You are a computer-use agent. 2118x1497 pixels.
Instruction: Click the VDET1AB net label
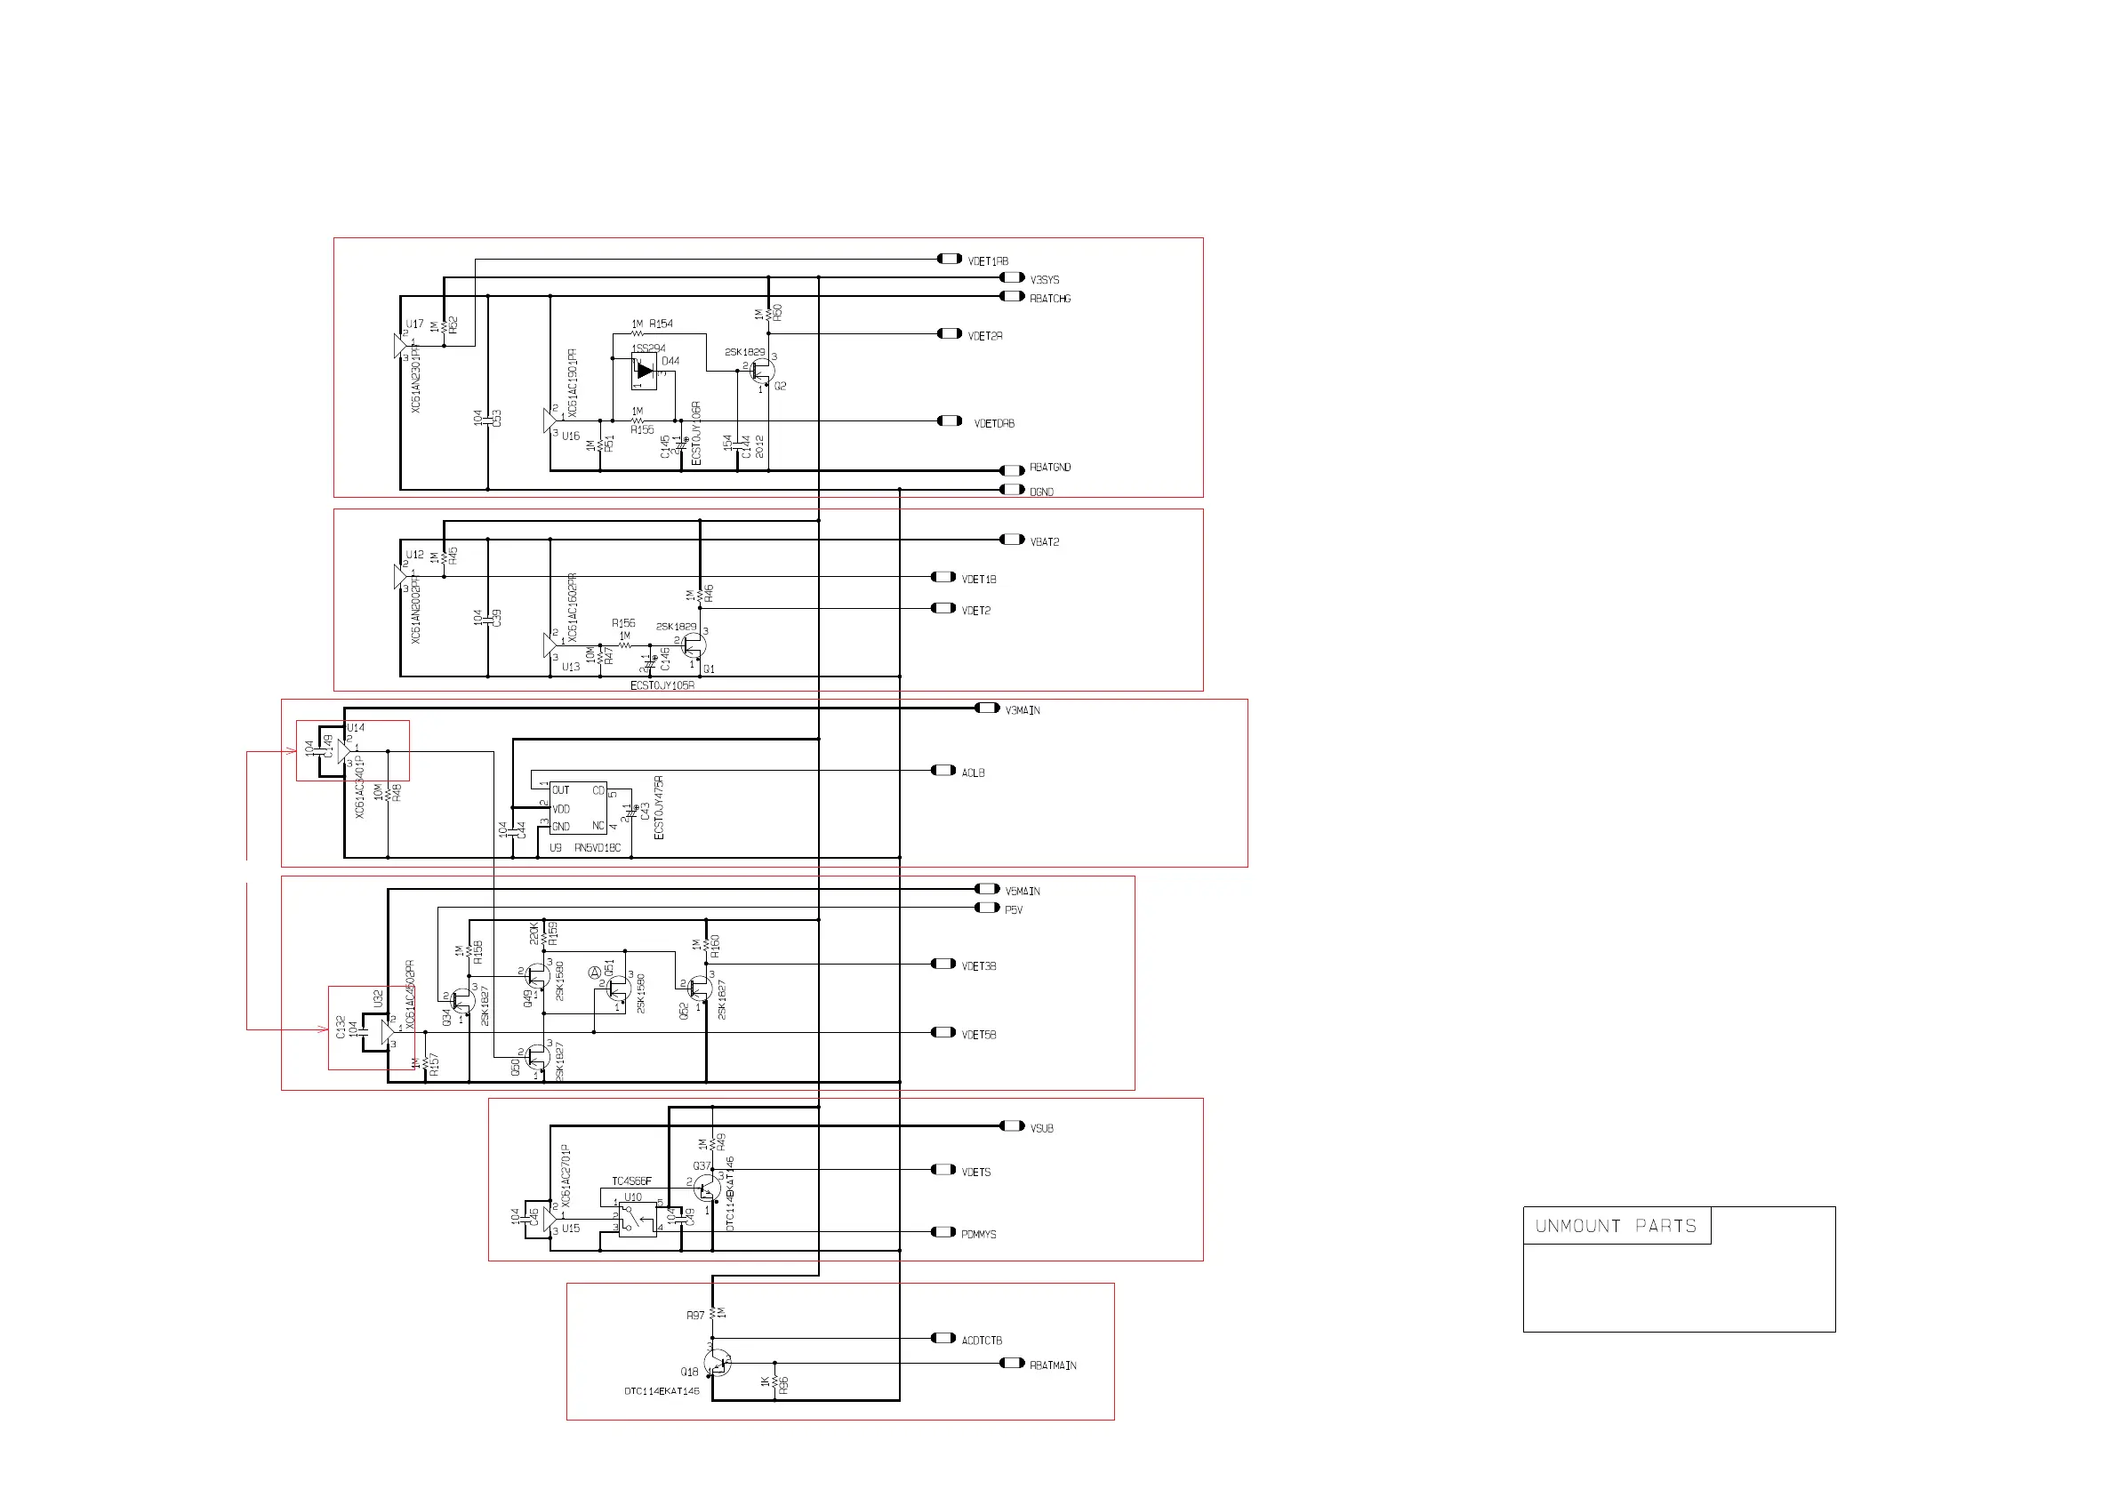[x=987, y=262]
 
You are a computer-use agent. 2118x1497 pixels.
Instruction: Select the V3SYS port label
[x=1044, y=279]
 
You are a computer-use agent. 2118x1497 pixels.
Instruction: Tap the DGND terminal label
[x=1040, y=492]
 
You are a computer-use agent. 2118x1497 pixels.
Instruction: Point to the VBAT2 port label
[x=1044, y=542]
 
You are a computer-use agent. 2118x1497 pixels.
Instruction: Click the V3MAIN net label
[x=1023, y=711]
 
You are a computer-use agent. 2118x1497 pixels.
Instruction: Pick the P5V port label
[x=1013, y=910]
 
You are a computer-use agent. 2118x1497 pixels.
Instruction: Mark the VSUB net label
[x=1040, y=1129]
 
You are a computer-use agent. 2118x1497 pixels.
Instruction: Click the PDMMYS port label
[x=978, y=1235]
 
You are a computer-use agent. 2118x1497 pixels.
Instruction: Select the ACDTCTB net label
[x=981, y=1341]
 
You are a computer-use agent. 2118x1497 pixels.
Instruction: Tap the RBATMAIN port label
[x=1053, y=1366]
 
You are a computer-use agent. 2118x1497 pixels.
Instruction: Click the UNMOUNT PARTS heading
[x=1616, y=1227]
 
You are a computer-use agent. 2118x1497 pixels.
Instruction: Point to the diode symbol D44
[x=645, y=371]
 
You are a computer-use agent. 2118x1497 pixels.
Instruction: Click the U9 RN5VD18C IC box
[x=578, y=809]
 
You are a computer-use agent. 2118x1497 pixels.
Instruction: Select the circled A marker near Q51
[x=595, y=973]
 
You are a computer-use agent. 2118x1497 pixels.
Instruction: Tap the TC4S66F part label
[x=631, y=1181]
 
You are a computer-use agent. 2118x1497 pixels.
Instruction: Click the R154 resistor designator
[x=662, y=324]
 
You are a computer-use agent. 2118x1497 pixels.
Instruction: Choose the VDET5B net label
[x=978, y=1036]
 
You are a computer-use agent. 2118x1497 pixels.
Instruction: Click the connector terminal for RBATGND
[x=1012, y=470]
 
